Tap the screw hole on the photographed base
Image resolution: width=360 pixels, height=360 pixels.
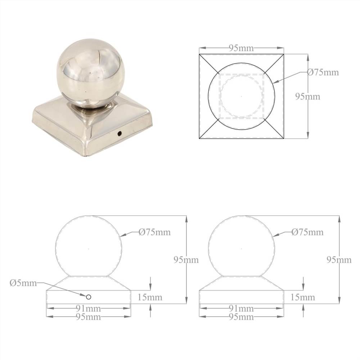(119, 133)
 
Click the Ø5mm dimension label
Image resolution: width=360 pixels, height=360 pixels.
(23, 283)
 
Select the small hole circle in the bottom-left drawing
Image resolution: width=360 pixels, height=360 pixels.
(88, 297)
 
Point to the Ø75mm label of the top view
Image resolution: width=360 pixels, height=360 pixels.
(323, 72)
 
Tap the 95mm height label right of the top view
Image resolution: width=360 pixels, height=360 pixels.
(308, 96)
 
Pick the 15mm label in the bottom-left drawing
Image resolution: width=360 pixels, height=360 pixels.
(150, 297)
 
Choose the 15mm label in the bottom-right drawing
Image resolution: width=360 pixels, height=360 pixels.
(303, 297)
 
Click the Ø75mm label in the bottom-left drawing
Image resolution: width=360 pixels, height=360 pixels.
(155, 232)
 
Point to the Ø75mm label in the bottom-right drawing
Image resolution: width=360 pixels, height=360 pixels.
(307, 232)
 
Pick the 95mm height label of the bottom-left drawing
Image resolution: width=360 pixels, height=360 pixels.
(186, 260)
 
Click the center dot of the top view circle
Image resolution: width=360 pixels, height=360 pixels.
(241, 96)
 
